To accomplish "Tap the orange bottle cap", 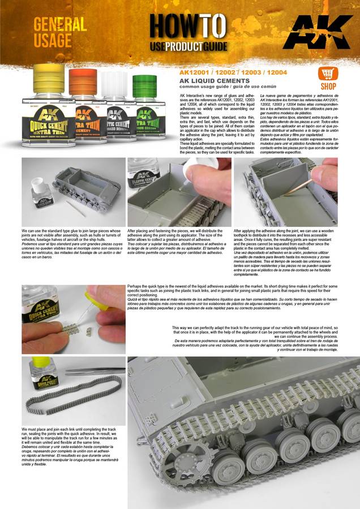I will (83, 81).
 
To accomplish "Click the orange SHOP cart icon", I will (328, 75).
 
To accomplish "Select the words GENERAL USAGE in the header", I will (60, 32).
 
